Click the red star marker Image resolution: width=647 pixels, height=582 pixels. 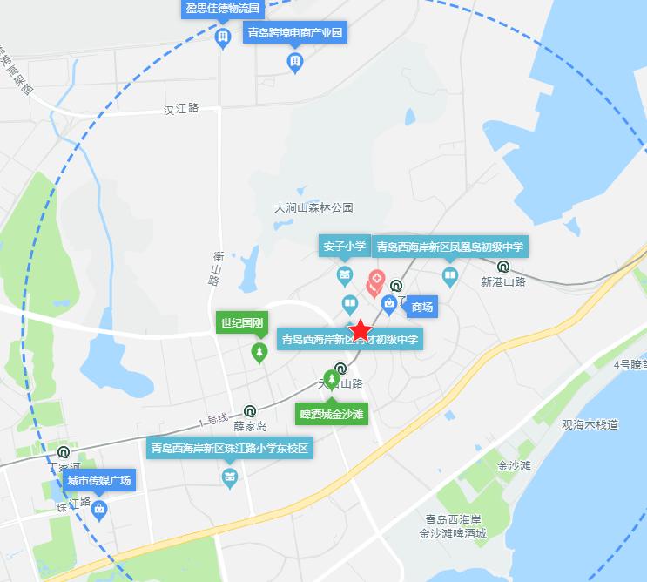click(360, 331)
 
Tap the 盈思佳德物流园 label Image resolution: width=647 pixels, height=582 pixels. click(222, 9)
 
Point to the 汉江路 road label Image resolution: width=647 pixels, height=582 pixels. click(181, 109)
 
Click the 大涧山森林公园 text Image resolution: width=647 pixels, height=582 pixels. click(314, 208)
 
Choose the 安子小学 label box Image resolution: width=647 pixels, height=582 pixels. click(345, 247)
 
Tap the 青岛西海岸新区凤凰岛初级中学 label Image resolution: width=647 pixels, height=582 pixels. click(449, 247)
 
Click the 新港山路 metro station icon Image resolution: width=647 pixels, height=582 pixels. click(503, 267)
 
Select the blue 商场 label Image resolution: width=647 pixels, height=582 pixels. click(422, 307)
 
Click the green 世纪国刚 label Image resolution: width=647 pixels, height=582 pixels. click(241, 322)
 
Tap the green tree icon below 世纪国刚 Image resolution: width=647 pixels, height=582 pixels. click(259, 352)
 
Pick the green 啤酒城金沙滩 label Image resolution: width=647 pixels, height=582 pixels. click(331, 413)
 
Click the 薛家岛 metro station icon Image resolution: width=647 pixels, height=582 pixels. click(250, 411)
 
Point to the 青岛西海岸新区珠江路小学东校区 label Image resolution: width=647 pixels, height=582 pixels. click(230, 450)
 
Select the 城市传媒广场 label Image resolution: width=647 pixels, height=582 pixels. click(99, 480)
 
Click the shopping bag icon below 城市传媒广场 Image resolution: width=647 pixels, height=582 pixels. click(99, 509)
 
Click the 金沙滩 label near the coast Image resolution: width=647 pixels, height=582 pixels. click(513, 466)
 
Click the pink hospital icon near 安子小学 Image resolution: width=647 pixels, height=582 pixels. click(376, 281)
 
